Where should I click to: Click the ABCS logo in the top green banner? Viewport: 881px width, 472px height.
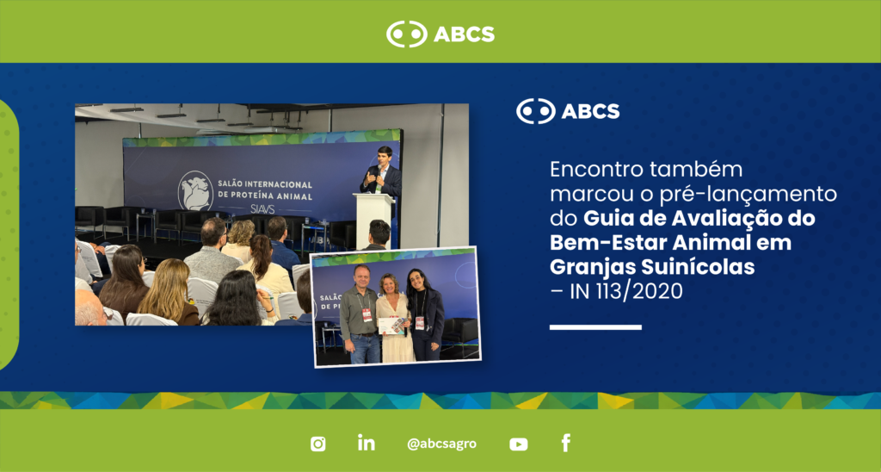(x=440, y=34)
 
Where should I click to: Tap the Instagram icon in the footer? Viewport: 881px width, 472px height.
(x=318, y=444)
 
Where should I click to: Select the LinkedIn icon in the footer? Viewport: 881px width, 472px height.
(x=367, y=442)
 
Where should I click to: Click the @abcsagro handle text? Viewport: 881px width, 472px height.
(x=441, y=444)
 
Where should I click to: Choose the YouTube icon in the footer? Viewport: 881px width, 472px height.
(x=519, y=444)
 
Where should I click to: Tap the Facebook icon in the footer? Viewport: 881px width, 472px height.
(x=566, y=443)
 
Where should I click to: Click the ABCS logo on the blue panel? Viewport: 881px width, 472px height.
(x=568, y=111)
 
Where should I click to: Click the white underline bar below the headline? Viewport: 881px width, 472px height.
(x=595, y=327)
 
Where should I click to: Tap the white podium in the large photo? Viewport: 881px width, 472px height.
(x=374, y=220)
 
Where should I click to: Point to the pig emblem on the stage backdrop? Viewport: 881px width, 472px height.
(x=195, y=190)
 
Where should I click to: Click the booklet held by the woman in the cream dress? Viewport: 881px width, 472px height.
(x=391, y=326)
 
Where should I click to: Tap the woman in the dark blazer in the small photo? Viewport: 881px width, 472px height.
(x=425, y=314)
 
